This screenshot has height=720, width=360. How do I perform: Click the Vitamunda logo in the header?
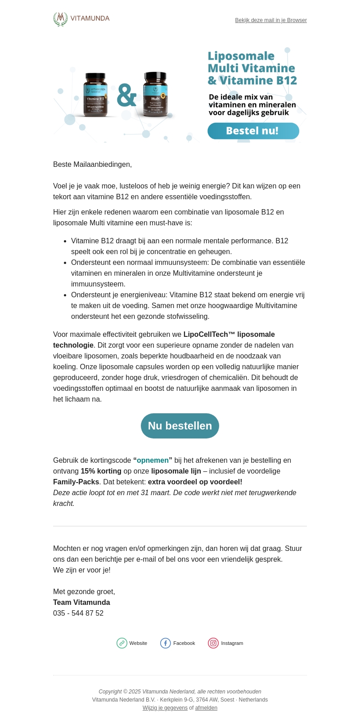81,19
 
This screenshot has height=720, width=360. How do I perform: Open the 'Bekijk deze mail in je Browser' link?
271,20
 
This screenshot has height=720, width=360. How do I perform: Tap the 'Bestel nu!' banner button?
253,131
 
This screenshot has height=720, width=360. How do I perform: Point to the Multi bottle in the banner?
155,95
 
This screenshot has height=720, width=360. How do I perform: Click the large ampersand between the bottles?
126,95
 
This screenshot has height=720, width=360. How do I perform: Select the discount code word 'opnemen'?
153,460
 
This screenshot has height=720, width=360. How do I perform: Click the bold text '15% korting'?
101,471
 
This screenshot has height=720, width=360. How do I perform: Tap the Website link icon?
122,643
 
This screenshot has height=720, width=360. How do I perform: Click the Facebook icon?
166,643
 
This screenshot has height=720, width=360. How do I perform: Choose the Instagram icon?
213,643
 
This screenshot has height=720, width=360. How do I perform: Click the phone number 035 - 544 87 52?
78,613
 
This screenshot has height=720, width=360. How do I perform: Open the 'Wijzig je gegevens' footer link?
165,708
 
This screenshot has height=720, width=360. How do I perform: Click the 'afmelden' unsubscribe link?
206,708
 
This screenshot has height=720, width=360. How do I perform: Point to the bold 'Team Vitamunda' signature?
81,602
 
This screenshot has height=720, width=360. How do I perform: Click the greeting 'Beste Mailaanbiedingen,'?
92,164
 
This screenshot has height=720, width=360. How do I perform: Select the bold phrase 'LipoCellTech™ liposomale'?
229,334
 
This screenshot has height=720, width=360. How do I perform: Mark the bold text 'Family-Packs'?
76,482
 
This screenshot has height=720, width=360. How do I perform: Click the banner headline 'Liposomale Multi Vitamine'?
251,62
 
